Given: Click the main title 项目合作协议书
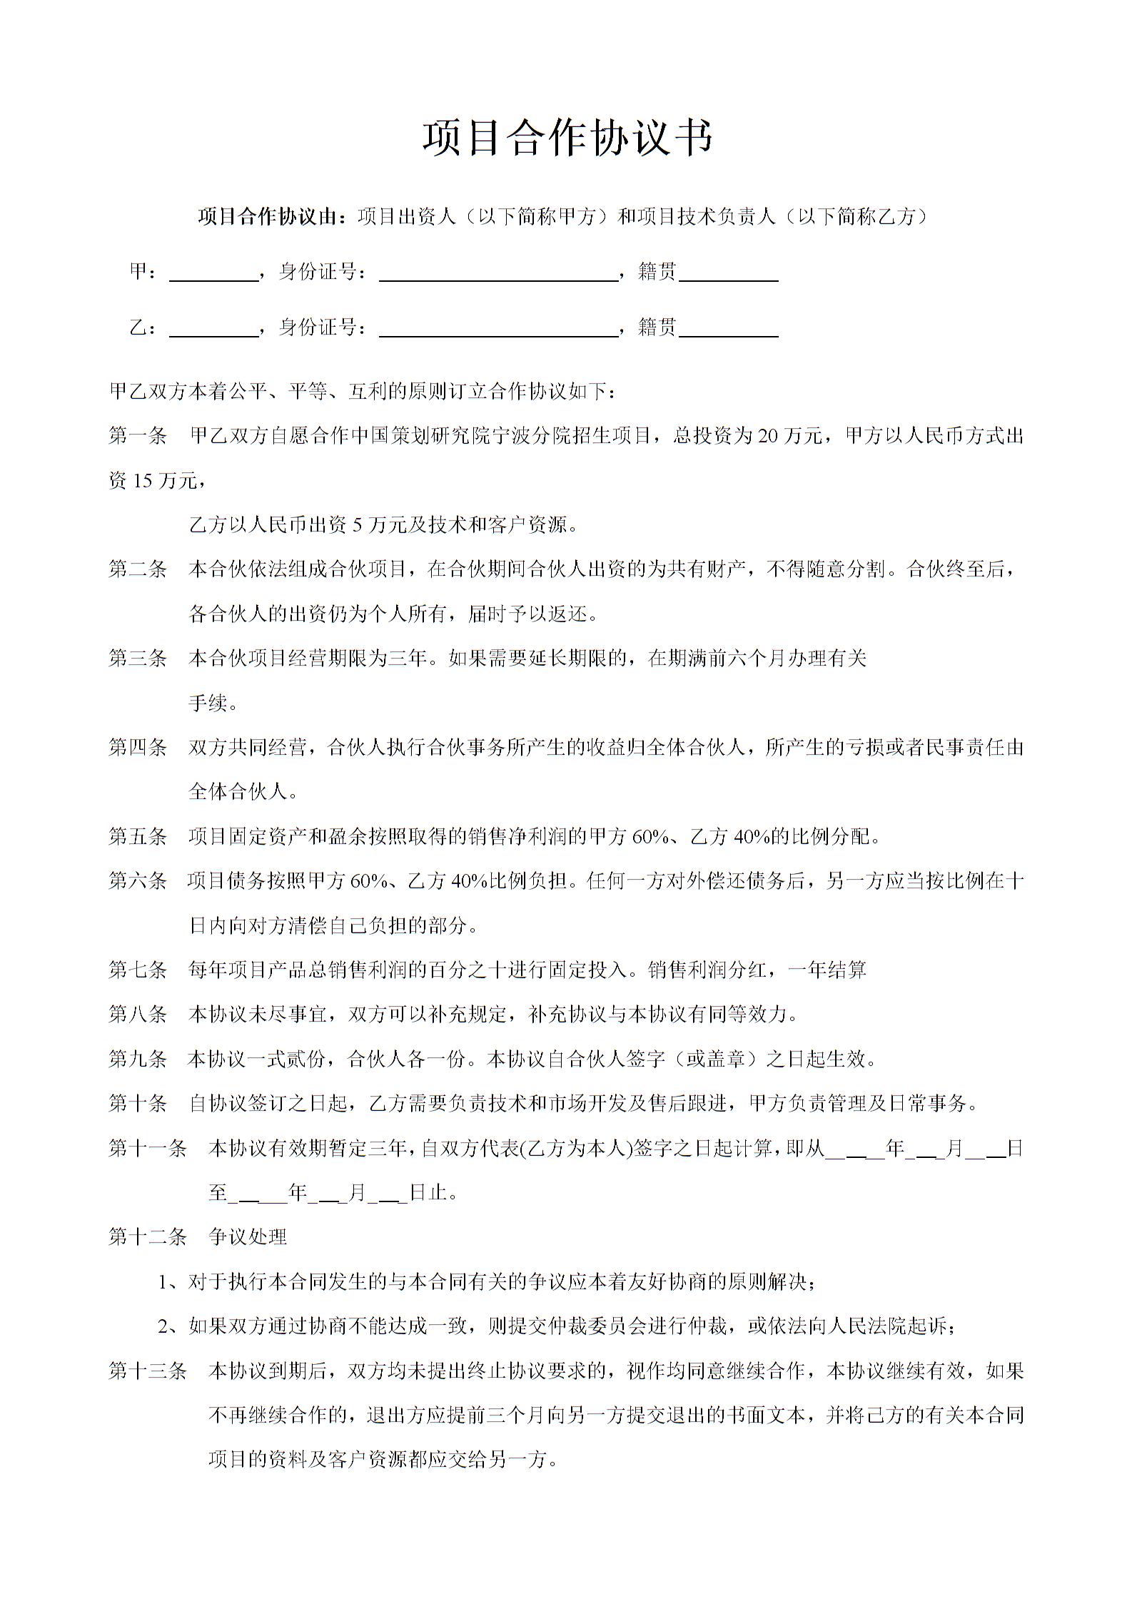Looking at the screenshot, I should point(567,137).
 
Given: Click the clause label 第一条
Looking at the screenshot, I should point(138,436).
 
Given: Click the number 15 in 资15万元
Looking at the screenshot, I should point(143,481).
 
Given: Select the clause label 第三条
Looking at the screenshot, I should point(138,659).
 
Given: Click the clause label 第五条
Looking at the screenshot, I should point(138,836).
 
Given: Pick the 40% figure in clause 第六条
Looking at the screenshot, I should point(468,881).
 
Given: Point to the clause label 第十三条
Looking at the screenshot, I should point(148,1371).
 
